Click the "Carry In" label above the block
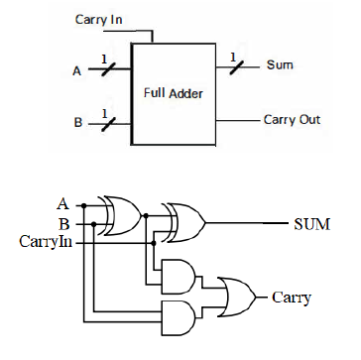100,19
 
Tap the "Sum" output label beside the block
279,65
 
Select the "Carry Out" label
293,120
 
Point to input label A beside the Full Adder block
77,70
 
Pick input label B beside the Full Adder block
77,125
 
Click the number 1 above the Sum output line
231,55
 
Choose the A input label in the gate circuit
63,203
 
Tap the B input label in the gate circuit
63,222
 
